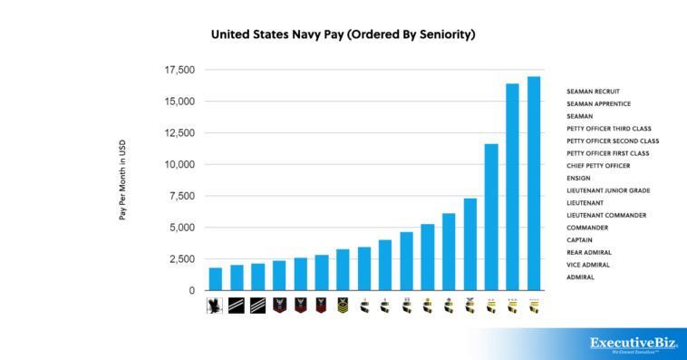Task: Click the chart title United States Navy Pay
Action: click(343, 34)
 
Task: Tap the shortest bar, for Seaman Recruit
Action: click(216, 278)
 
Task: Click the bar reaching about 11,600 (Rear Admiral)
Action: click(491, 217)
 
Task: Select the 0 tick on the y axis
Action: click(191, 290)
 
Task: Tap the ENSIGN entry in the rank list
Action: click(579, 179)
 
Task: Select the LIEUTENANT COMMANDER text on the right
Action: click(606, 215)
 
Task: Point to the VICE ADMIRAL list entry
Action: click(588, 265)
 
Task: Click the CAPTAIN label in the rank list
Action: click(581, 239)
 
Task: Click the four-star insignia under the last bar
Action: click(534, 306)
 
